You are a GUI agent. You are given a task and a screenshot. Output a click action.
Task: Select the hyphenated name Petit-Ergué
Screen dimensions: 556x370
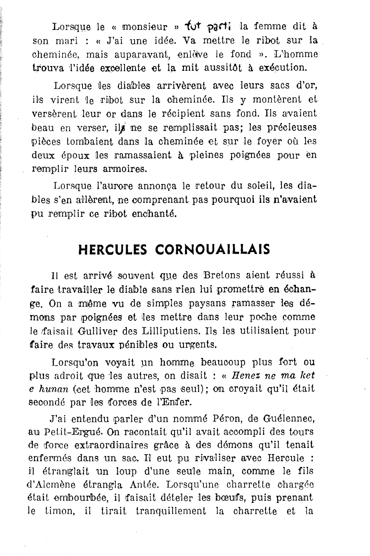(x=68, y=432)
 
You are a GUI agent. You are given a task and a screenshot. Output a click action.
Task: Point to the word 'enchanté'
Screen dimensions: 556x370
(x=157, y=214)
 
